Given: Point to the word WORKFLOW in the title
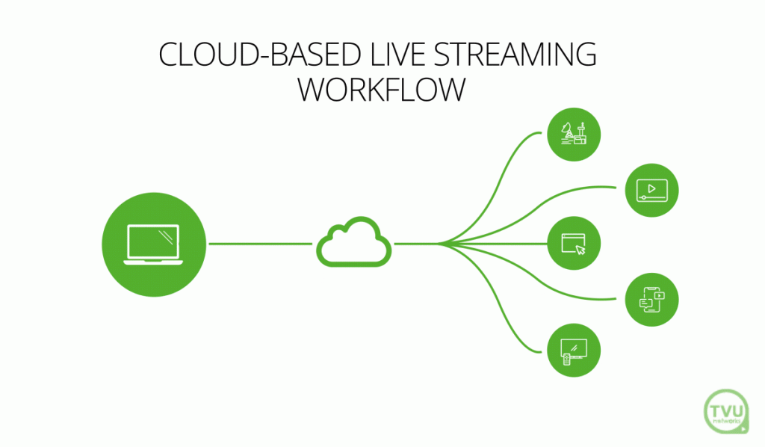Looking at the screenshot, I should pyautogui.click(x=382, y=90).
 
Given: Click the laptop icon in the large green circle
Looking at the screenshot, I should pyautogui.click(x=153, y=244).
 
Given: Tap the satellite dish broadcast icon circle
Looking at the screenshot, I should pyautogui.click(x=574, y=135).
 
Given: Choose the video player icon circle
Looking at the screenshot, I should pyautogui.click(x=651, y=189).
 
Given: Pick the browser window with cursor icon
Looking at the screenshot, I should pyautogui.click(x=574, y=244).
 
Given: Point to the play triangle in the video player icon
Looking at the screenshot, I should pyautogui.click(x=652, y=188).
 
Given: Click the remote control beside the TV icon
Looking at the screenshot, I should pyautogui.click(x=566, y=359).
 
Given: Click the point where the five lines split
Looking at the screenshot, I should pyautogui.click(x=442, y=244).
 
